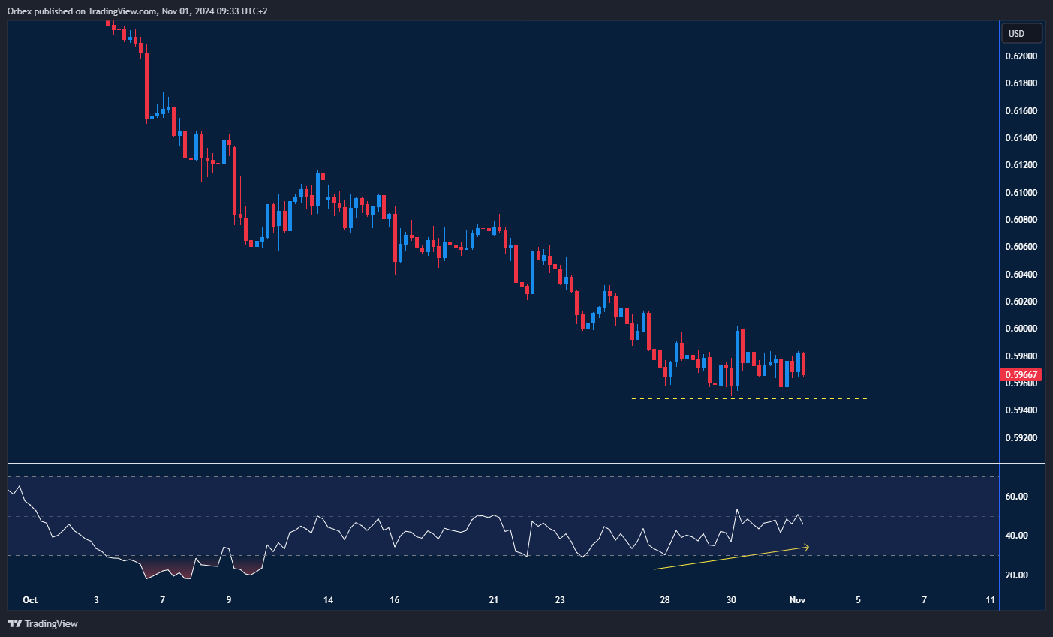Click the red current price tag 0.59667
[x=1021, y=374]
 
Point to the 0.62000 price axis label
[x=1021, y=56]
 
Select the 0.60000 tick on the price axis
[x=1021, y=329]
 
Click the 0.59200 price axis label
[x=1021, y=438]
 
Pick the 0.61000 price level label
[x=1021, y=193]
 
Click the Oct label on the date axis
[x=30, y=599]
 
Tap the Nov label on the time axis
[x=797, y=599]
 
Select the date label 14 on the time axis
[x=328, y=599]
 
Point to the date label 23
[x=560, y=599]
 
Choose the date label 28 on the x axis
[x=665, y=599]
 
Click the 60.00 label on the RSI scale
[x=1016, y=497]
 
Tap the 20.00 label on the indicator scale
[x=1016, y=575]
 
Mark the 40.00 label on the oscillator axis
[x=1016, y=536]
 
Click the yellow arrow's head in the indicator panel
[x=807, y=547]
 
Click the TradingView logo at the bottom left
[x=43, y=623]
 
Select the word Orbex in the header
[x=20, y=11]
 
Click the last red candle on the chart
[x=803, y=364]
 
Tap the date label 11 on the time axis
[x=991, y=599]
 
